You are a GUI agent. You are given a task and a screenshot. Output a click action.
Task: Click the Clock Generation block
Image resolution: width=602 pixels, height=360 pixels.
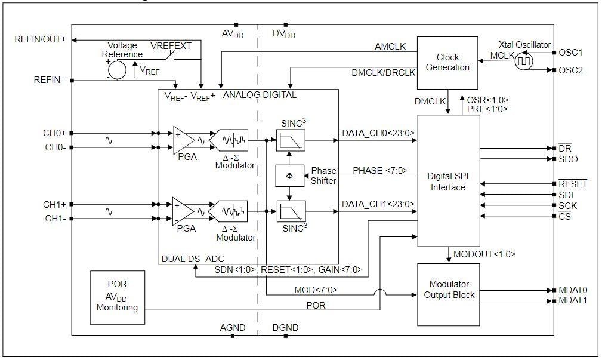(447, 62)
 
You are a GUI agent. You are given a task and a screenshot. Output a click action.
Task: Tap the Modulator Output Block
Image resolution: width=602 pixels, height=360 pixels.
(448, 290)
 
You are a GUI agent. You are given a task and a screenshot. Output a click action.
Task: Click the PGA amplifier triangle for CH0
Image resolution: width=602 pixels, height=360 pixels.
(183, 140)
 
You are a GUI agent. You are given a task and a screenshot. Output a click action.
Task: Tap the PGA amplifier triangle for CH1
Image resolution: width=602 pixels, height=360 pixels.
(183, 211)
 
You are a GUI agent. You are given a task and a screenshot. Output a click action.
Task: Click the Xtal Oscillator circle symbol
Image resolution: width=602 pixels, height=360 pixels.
(524, 61)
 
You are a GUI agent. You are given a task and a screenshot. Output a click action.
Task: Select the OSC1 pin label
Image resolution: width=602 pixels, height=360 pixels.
(571, 52)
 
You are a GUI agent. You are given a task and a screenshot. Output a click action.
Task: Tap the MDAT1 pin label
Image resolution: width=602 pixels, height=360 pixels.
(573, 300)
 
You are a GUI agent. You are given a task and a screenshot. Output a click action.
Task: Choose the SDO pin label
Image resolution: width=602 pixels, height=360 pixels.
(568, 159)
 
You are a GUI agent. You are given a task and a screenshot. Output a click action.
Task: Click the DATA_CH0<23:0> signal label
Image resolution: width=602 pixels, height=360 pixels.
(378, 133)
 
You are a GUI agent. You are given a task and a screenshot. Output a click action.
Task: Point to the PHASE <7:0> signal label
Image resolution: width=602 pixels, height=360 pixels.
(380, 170)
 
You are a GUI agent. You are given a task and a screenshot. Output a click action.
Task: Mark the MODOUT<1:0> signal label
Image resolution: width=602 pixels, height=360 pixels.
(484, 254)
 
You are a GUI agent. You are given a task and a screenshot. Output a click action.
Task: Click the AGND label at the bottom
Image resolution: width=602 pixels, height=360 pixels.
(232, 328)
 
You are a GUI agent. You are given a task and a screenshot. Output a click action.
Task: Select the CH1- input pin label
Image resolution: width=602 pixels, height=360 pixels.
(56, 219)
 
